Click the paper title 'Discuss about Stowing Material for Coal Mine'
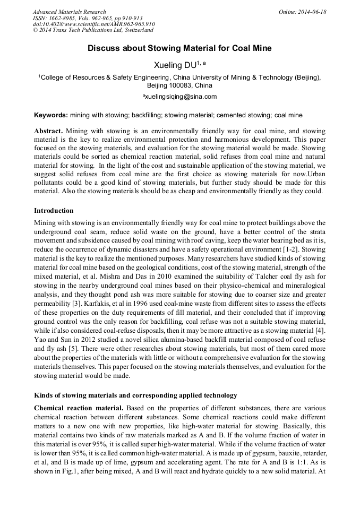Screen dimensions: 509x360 (179, 48)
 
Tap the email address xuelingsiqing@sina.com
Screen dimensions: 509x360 (180, 97)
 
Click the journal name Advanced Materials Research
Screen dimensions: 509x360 (69, 12)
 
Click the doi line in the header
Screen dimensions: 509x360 (93, 24)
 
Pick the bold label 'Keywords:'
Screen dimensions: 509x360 (51, 115)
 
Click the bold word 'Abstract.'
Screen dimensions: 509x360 (49, 131)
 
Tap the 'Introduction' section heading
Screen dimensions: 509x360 (54, 211)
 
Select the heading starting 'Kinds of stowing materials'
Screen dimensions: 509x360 (135, 395)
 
